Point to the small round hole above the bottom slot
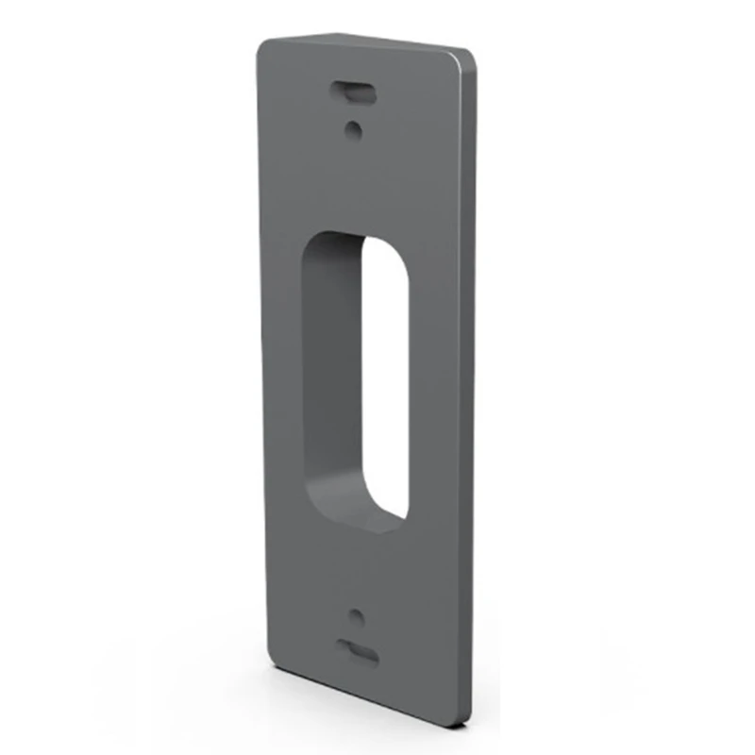tap(356, 617)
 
